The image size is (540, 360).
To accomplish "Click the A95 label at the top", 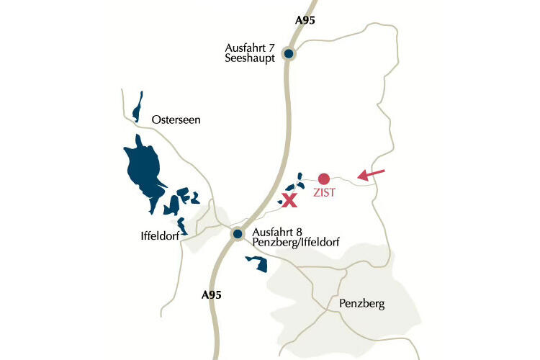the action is coord(305,20).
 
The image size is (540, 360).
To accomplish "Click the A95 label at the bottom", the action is coord(211,294).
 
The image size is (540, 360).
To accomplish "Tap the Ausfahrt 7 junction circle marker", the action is coord(288,53).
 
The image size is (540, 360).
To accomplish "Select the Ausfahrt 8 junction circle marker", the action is coord(237,233).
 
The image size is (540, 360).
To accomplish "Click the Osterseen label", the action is coord(176,120).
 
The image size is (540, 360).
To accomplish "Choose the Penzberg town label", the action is coord(362,305).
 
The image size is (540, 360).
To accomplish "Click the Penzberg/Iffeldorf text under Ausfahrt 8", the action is coord(296,244).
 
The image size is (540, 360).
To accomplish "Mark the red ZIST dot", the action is coord(324,179).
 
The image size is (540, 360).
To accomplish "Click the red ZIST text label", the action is coord(324,193).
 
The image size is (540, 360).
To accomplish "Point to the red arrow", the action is coord(371,174).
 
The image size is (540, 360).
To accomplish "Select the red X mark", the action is coord(289,200).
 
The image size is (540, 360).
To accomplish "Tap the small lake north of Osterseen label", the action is coord(137,107).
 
